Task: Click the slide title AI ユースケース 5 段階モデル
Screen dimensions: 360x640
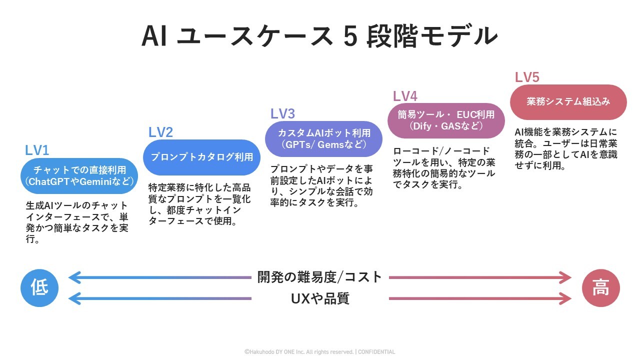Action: [319, 36]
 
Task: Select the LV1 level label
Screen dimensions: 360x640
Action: [37, 150]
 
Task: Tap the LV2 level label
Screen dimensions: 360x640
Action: [160, 132]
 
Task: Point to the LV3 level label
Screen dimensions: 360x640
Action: [282, 114]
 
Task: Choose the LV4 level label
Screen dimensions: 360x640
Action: [405, 96]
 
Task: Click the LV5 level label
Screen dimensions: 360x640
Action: [527, 77]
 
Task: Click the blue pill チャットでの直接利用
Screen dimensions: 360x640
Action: [79, 175]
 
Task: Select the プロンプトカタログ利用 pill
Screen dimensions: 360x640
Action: [202, 157]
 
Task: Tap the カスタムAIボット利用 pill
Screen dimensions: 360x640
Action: [324, 139]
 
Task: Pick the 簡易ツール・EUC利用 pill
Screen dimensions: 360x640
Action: [446, 120]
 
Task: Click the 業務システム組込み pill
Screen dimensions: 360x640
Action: [568, 102]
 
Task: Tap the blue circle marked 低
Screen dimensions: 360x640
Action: [39, 288]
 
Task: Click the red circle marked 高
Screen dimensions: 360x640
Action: [600, 288]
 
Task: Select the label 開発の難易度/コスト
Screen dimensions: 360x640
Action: [320, 277]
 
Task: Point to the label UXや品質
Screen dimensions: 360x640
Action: [320, 298]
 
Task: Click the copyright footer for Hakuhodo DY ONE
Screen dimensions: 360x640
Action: [298, 352]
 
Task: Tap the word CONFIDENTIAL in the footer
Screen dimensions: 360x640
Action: [376, 352]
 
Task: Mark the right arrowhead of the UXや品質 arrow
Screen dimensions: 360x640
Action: [566, 298]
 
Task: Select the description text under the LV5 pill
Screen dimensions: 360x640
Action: [566, 149]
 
